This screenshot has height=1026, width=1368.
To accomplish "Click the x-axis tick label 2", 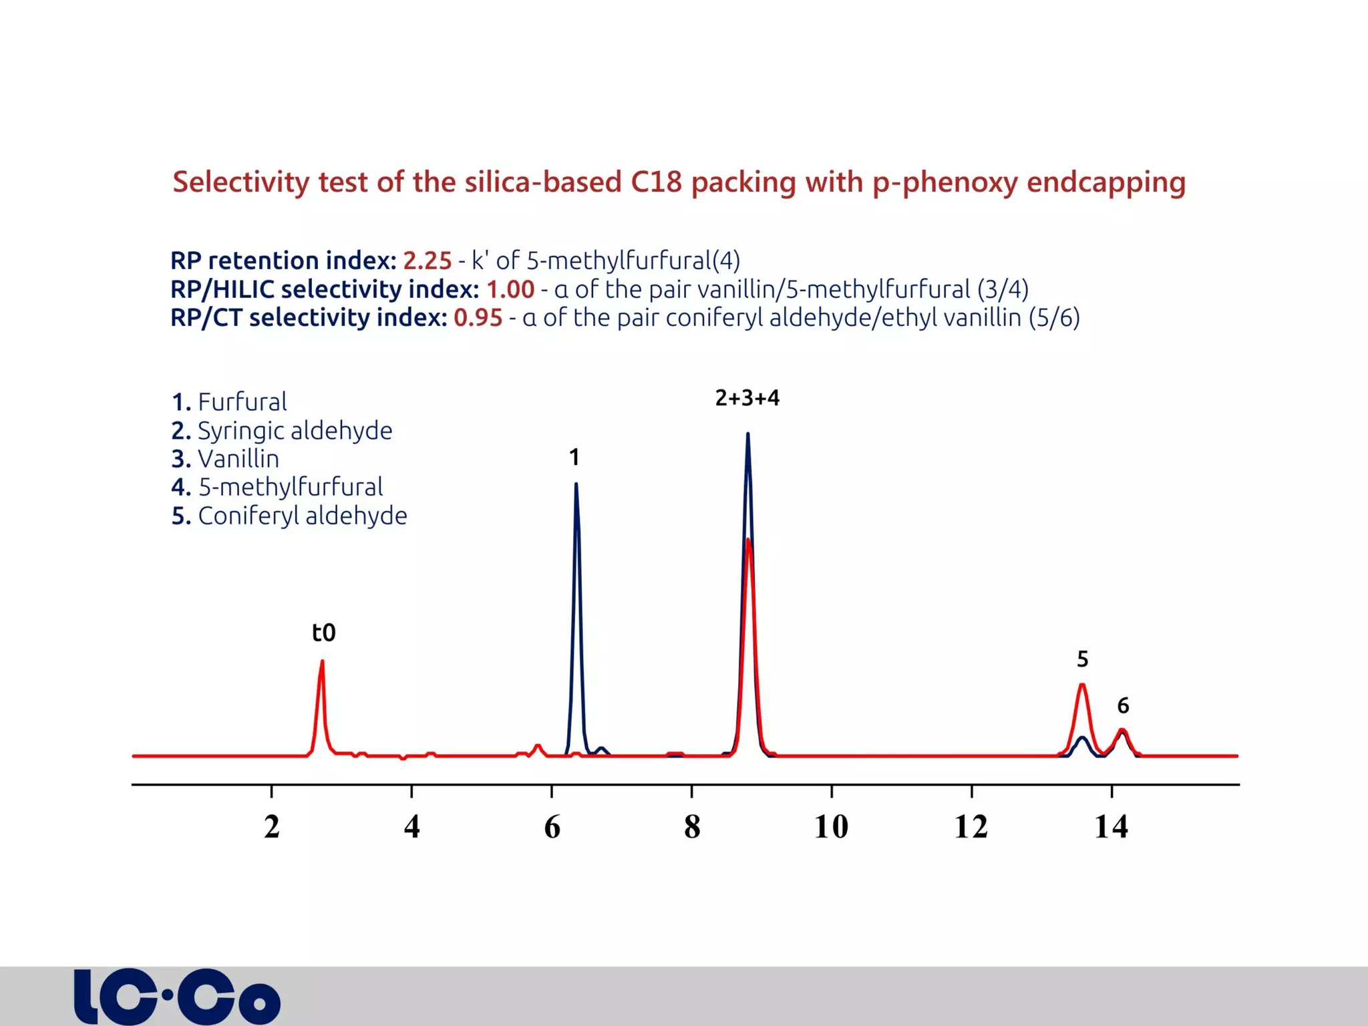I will tap(271, 827).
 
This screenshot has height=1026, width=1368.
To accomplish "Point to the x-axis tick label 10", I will tap(831, 827).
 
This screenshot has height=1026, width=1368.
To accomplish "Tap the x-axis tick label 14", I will tap(1111, 827).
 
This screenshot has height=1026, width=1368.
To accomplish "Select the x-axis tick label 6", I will tap(552, 827).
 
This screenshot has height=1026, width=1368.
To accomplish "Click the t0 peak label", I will tap(324, 633).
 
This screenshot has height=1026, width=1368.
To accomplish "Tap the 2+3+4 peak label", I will tap(747, 398).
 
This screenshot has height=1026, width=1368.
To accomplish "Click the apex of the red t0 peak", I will tap(322, 661).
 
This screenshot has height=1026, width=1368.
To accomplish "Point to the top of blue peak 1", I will tap(576, 484).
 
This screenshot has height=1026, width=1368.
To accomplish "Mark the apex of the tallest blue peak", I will tap(747, 434).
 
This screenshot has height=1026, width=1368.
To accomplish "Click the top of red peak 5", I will tap(1081, 685).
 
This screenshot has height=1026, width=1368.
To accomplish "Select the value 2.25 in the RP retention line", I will tap(427, 261).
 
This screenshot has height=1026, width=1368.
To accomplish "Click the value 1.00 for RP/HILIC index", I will tap(510, 289).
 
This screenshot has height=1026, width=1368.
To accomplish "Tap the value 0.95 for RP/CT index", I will tap(478, 318).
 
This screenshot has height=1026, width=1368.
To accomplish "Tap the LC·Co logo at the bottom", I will tap(177, 997).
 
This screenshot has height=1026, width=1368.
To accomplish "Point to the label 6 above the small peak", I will tap(1123, 706).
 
